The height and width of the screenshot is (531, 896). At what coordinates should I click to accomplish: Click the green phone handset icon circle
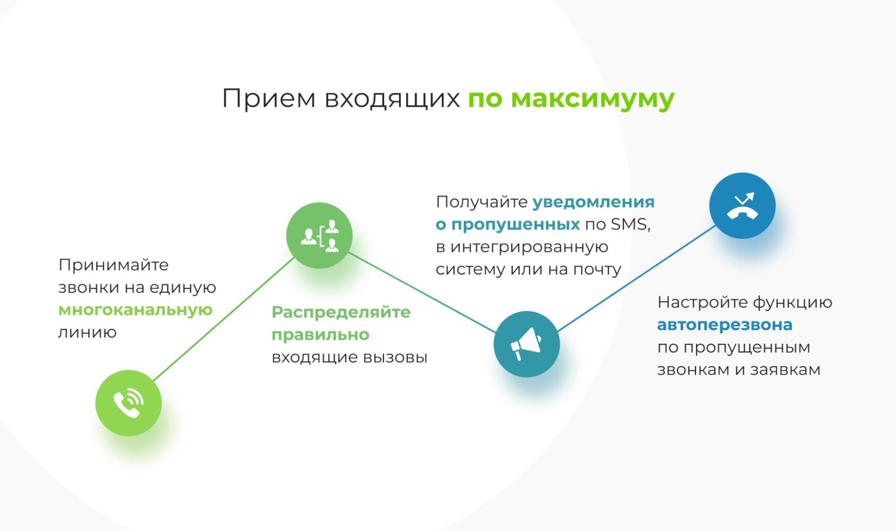pos(129,403)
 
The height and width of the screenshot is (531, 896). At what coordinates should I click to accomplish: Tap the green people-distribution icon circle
pos(319,235)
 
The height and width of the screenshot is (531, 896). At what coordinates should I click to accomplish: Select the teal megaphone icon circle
pos(527,344)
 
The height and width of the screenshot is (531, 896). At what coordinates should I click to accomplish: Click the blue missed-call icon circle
pos(742,206)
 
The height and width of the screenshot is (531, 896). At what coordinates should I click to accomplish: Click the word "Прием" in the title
pos(269,99)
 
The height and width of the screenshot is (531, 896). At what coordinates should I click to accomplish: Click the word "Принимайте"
pos(113,265)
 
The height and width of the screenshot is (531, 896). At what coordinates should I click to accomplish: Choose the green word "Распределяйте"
pos(341,313)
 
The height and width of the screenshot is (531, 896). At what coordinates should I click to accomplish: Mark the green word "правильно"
pos(320,335)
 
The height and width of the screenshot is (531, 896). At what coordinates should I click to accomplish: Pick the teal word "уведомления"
pos(593,203)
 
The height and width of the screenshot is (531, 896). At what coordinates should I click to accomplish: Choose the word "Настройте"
pos(702,302)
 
